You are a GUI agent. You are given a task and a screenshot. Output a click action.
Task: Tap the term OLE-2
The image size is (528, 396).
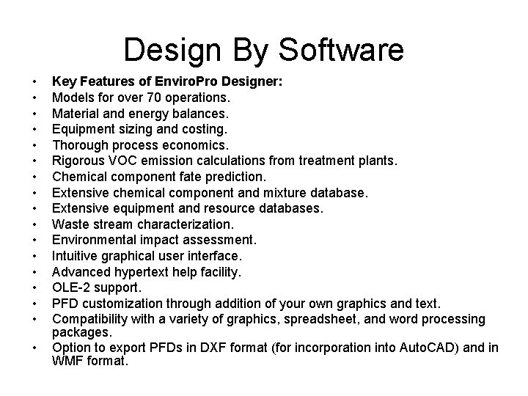click(x=70, y=286)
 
